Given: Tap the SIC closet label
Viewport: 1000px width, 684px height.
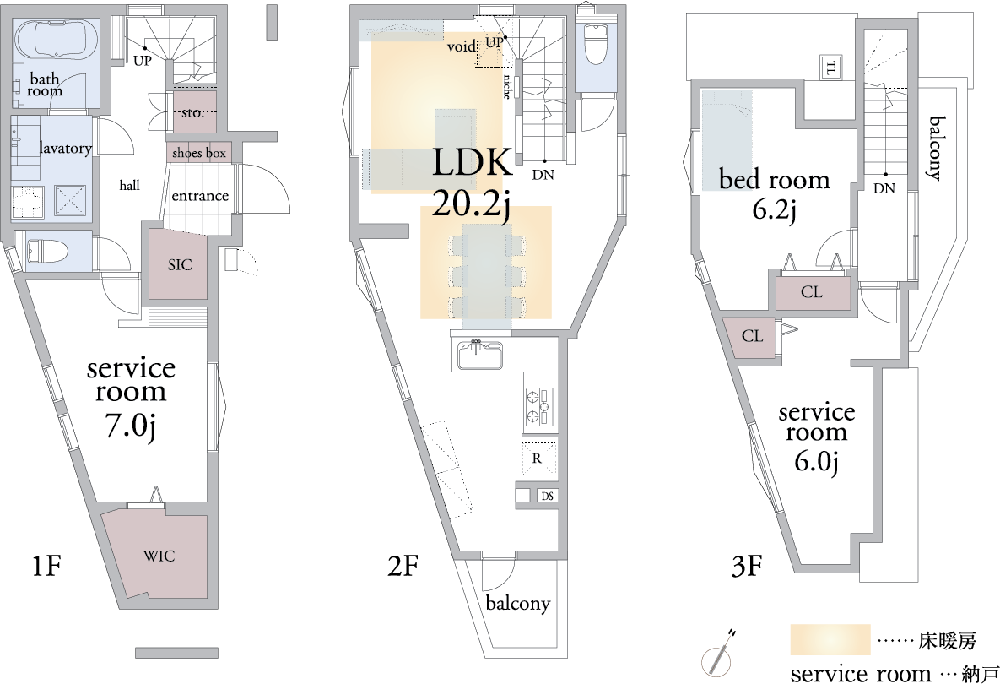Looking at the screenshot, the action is click(180, 264).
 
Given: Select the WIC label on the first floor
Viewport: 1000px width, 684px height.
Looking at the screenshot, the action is click(158, 556).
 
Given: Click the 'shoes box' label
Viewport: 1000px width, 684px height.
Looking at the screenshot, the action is click(199, 153).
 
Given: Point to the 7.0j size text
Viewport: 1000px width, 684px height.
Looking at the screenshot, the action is click(131, 426).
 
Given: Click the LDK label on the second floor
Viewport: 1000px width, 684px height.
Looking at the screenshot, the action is click(472, 163).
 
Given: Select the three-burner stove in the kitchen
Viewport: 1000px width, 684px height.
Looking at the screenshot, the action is click(540, 406).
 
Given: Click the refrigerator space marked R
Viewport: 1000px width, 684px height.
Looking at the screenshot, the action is click(538, 459).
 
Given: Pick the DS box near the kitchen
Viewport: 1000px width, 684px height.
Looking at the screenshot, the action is click(547, 496).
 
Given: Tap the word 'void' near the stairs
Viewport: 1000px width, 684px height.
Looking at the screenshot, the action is click(462, 46).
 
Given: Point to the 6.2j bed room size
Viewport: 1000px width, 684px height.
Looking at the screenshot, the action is click(774, 210).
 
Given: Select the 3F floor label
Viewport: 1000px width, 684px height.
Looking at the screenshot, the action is click(747, 565).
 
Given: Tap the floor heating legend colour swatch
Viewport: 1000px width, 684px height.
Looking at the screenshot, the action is click(830, 639).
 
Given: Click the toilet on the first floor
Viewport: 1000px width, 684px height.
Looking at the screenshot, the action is click(48, 250).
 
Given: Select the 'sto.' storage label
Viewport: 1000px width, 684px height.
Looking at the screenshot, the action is click(192, 113).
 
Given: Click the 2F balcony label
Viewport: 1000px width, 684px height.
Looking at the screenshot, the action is click(518, 603).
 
